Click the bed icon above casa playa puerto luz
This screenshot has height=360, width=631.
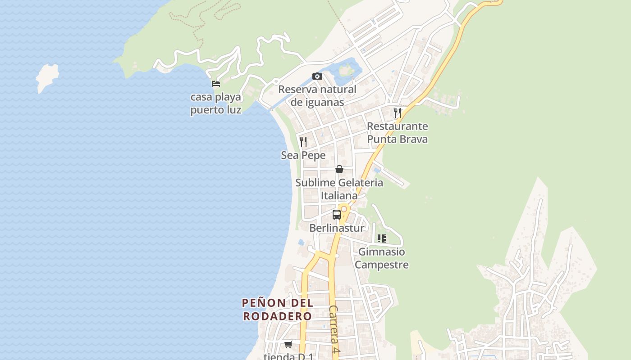216,83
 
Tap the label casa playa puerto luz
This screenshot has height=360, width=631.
216,103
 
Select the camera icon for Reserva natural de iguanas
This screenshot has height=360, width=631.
317,76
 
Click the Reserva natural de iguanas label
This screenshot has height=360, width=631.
317,96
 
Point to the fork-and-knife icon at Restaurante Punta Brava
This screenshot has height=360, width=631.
397,112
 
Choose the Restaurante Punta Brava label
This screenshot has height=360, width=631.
397,132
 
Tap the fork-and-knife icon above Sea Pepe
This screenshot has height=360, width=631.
303,142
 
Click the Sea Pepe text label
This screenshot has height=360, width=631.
303,155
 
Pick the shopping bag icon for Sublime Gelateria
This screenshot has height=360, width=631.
339,169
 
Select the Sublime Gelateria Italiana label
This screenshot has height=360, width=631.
339,189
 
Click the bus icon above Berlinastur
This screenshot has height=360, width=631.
337,214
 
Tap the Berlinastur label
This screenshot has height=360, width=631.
337,228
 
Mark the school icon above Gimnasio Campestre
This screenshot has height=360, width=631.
382,238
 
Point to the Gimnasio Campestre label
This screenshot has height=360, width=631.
382,258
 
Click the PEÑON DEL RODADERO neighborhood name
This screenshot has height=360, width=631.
278,309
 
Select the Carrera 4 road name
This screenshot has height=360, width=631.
334,328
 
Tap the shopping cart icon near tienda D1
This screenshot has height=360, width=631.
288,345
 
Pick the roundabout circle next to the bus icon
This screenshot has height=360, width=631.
344,209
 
